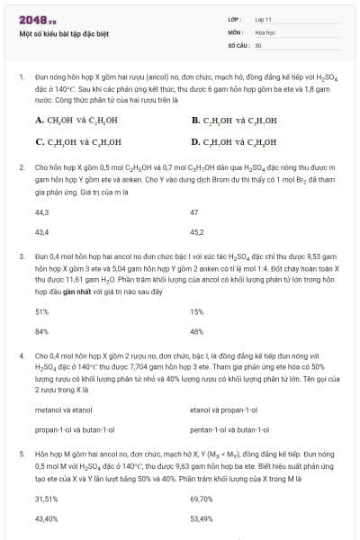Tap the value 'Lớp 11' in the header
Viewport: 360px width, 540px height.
(265, 19)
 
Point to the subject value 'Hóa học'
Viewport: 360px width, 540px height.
(265, 31)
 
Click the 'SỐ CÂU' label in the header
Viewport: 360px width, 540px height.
(238, 44)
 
